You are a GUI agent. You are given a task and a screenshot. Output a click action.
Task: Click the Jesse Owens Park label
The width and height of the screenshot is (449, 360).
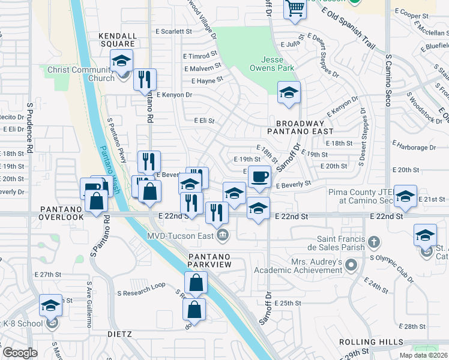277,64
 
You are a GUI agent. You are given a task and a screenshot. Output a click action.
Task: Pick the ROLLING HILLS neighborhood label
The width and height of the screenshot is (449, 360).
371,341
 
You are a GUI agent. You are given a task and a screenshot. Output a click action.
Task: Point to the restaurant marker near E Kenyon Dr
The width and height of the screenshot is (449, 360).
145,79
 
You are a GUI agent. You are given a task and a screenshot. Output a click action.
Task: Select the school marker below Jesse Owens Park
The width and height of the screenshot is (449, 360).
289,93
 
